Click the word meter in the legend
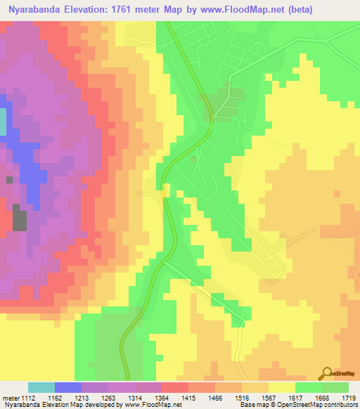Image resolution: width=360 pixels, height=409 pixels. click(x=11, y=398)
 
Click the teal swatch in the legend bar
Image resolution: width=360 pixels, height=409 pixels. click(x=41, y=387)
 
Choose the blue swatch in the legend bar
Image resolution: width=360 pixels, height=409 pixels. click(x=68, y=387)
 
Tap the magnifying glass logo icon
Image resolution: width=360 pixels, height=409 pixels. click(x=326, y=372)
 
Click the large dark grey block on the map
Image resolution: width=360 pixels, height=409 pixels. click(x=20, y=221)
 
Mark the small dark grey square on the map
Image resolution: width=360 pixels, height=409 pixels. click(x=9, y=180)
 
